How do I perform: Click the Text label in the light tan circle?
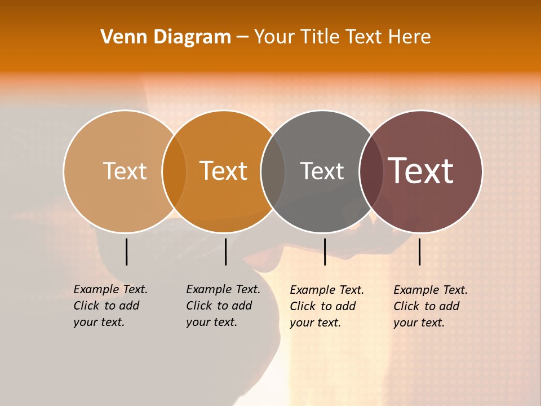pyautogui.click(x=125, y=171)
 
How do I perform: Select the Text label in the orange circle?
pyautogui.click(x=224, y=171)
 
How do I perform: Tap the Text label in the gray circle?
pyautogui.click(x=322, y=171)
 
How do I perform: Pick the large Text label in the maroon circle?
pyautogui.click(x=421, y=171)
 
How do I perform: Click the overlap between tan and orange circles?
pyautogui.click(x=174, y=171)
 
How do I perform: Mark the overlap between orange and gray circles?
pyautogui.click(x=273, y=171)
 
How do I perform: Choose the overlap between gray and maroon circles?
pyautogui.click(x=371, y=171)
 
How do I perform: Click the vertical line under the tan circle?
pyautogui.click(x=127, y=251)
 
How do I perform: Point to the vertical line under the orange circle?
pyautogui.click(x=225, y=251)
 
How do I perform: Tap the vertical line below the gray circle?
pyautogui.click(x=325, y=251)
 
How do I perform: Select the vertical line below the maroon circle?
pyautogui.click(x=420, y=251)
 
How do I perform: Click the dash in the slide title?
pyautogui.click(x=242, y=38)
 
